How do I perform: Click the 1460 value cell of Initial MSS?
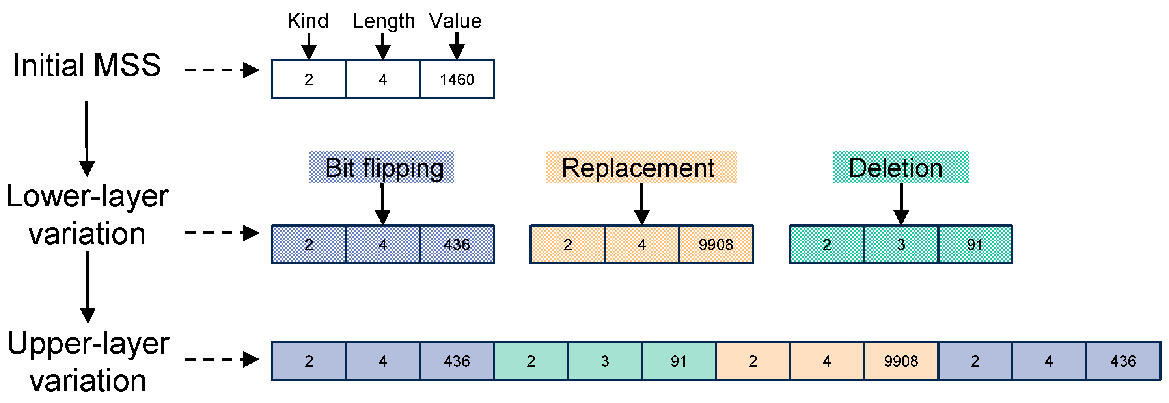click(457, 79)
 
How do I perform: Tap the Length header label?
click(384, 21)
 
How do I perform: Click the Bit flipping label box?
click(382, 167)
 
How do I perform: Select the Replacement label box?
click(641, 167)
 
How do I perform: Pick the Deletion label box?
click(901, 167)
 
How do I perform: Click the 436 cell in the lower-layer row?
click(457, 245)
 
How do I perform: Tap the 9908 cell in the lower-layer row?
click(716, 245)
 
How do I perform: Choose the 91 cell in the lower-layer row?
click(975, 245)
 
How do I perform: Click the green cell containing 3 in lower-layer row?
click(901, 245)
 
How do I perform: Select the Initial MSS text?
click(87, 65)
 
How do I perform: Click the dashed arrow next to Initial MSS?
click(222, 70)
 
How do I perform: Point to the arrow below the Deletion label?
click(901, 204)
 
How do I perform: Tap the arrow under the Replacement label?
click(641, 204)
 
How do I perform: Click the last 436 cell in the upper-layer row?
click(1123, 361)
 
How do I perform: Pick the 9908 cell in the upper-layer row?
click(901, 361)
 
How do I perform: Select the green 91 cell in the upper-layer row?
click(679, 361)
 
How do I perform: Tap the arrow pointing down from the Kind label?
click(309, 46)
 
